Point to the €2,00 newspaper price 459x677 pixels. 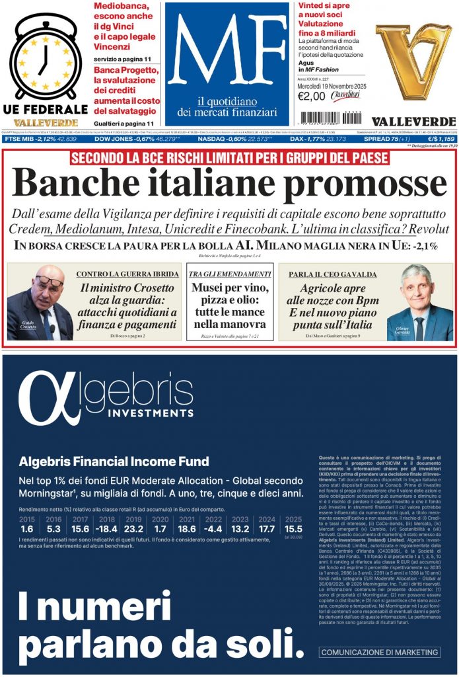[312, 96]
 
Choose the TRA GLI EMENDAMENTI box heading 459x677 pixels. [229, 274]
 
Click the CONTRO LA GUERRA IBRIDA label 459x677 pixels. [127, 274]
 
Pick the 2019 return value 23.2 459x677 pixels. [133, 529]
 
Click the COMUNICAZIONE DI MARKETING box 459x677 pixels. [380, 652]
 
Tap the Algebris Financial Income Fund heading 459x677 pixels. [114, 461]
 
